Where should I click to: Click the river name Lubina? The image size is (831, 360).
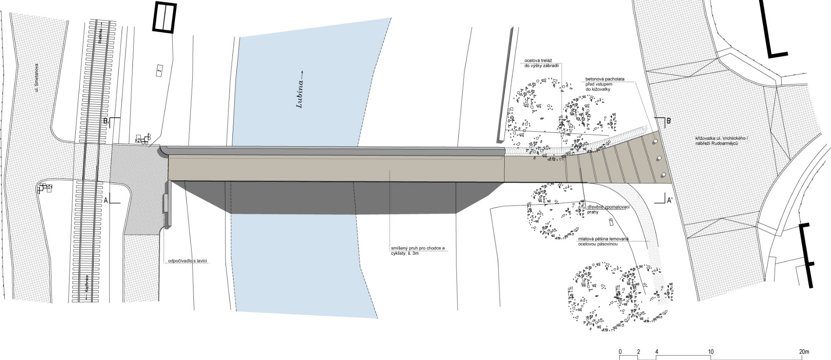(300, 94)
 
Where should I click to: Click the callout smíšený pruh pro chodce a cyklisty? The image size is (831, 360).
(416, 251)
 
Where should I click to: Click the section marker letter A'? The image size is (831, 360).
(670, 200)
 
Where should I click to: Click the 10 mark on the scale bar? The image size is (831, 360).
(711, 351)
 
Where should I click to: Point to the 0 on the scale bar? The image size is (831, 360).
(620, 351)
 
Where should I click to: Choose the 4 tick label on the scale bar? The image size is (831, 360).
(657, 351)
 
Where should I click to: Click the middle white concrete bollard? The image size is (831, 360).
(659, 158)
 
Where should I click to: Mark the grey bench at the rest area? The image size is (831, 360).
(164, 203)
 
